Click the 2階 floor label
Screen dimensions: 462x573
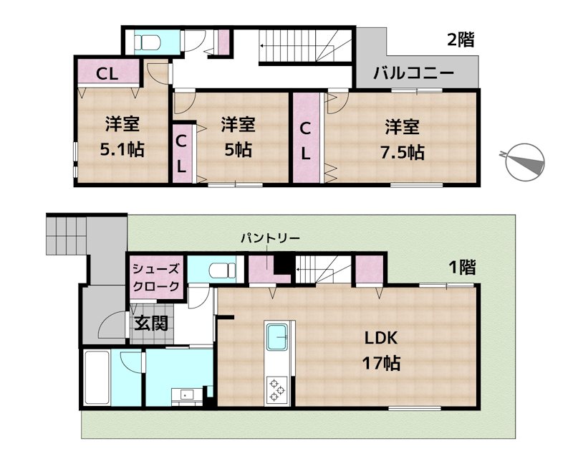tap(461, 39)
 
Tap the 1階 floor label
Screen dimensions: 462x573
tap(461, 268)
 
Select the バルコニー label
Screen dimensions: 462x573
tap(413, 73)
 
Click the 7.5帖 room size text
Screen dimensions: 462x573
tap(401, 152)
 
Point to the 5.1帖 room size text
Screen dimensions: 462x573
tap(121, 151)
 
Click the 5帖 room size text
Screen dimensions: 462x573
tap(236, 151)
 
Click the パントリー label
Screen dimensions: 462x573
tap(270, 238)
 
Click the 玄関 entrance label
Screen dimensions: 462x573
tap(150, 324)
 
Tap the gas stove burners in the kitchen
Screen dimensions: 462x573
tap(276, 389)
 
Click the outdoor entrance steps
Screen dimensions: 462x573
tap(66, 234)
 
